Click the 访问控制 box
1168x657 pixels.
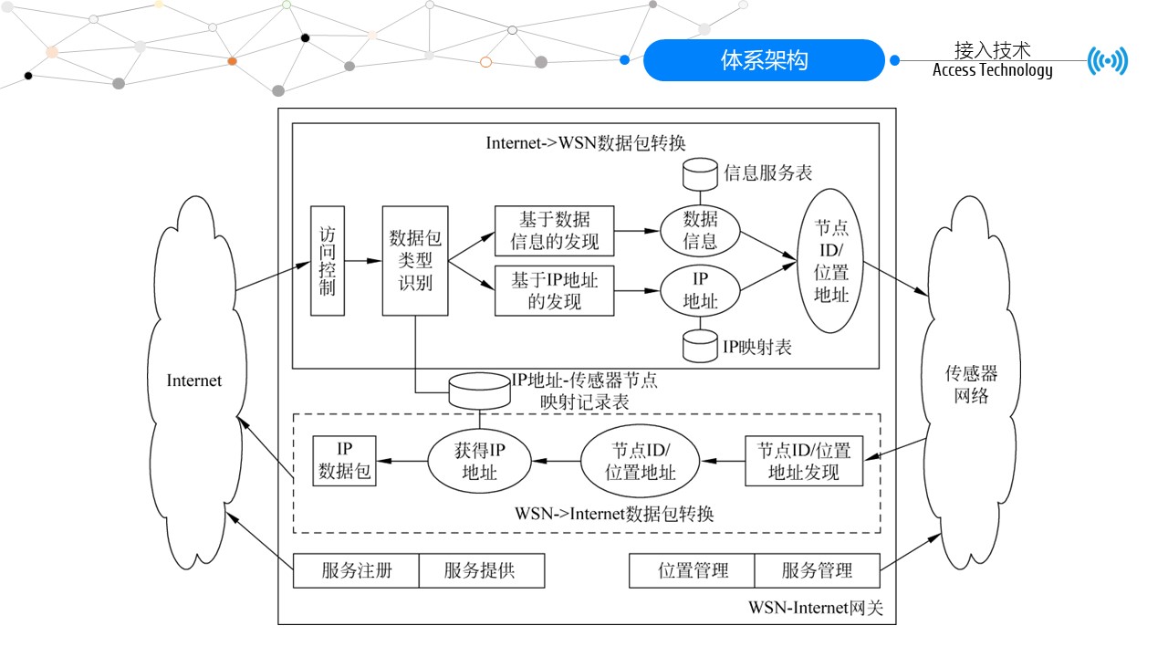328,261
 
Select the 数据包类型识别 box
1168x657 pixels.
415,261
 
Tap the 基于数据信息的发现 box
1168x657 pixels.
554,230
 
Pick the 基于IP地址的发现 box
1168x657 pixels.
554,290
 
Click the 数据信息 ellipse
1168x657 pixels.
701,230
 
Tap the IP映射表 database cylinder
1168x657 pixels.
701,347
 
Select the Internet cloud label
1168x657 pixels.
193,381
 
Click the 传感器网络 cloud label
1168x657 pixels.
971,385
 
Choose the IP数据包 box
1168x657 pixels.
344,460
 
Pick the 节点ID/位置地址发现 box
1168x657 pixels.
803,461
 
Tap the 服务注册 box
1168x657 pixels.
357,571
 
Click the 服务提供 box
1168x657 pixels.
481,571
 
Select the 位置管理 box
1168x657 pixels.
693,571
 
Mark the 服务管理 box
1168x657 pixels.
817,571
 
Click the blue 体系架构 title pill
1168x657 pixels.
764,61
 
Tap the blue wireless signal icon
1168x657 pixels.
1108,61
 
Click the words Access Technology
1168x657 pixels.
992,71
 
